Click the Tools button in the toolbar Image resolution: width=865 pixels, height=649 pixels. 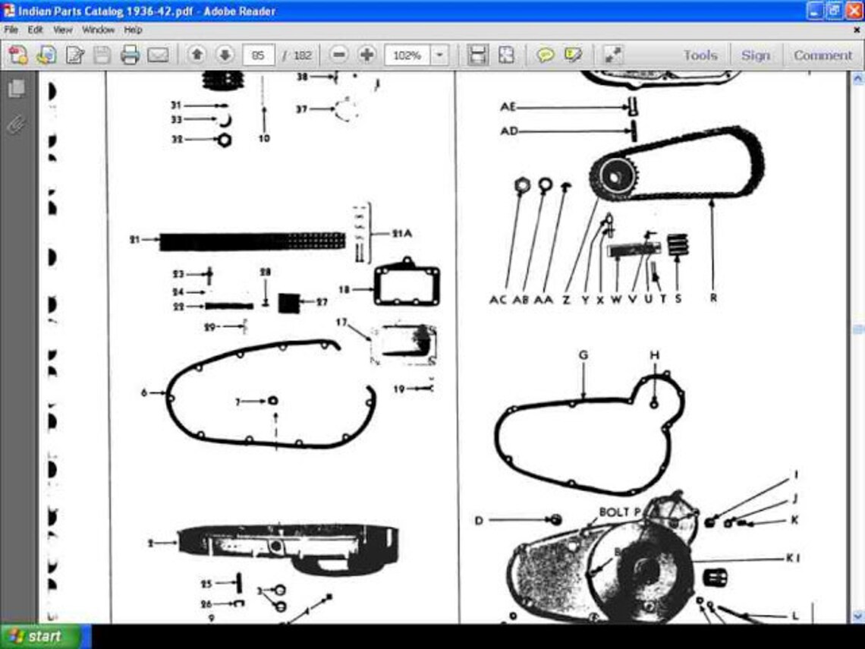click(699, 55)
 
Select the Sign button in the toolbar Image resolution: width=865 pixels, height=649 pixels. click(754, 55)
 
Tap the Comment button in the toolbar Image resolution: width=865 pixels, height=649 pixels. click(823, 55)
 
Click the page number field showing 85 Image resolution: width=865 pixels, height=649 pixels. click(259, 55)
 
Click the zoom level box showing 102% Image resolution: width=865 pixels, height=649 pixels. click(407, 55)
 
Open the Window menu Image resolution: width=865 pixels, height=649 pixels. click(98, 30)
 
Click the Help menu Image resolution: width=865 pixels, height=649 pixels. click(134, 30)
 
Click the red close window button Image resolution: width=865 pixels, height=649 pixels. click(854, 11)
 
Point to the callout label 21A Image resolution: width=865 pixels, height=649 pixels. click(402, 233)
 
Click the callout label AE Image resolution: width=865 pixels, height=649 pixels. click(508, 107)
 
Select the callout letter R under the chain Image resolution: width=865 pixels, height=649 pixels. click(713, 298)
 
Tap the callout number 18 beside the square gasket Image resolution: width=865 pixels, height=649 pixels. click(344, 289)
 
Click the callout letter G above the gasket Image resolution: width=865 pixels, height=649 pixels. click(583, 355)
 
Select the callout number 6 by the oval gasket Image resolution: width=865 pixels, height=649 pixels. click(144, 393)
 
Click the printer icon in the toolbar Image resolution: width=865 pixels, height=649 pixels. click(130, 55)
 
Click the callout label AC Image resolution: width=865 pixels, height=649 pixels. click(498, 300)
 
